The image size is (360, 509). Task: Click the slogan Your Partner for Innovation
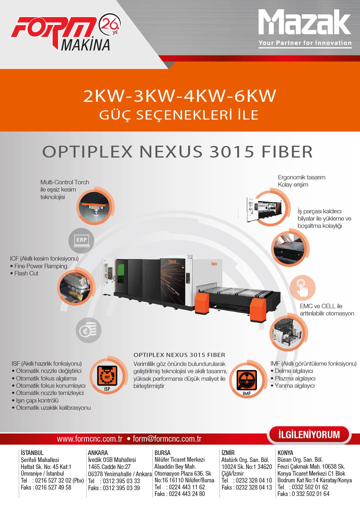click(x=305, y=43)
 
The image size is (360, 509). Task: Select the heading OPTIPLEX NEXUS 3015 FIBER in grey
click(x=178, y=151)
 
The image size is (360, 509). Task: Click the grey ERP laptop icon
click(x=82, y=241)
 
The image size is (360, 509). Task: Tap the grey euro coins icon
click(x=89, y=330)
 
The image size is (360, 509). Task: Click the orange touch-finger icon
click(x=302, y=288)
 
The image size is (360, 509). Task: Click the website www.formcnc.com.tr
click(x=90, y=439)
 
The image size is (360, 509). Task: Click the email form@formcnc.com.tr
click(x=167, y=439)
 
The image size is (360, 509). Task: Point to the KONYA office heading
click(x=285, y=453)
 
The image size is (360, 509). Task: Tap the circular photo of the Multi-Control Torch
click(x=94, y=207)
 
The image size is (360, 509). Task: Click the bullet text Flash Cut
click(x=26, y=273)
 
